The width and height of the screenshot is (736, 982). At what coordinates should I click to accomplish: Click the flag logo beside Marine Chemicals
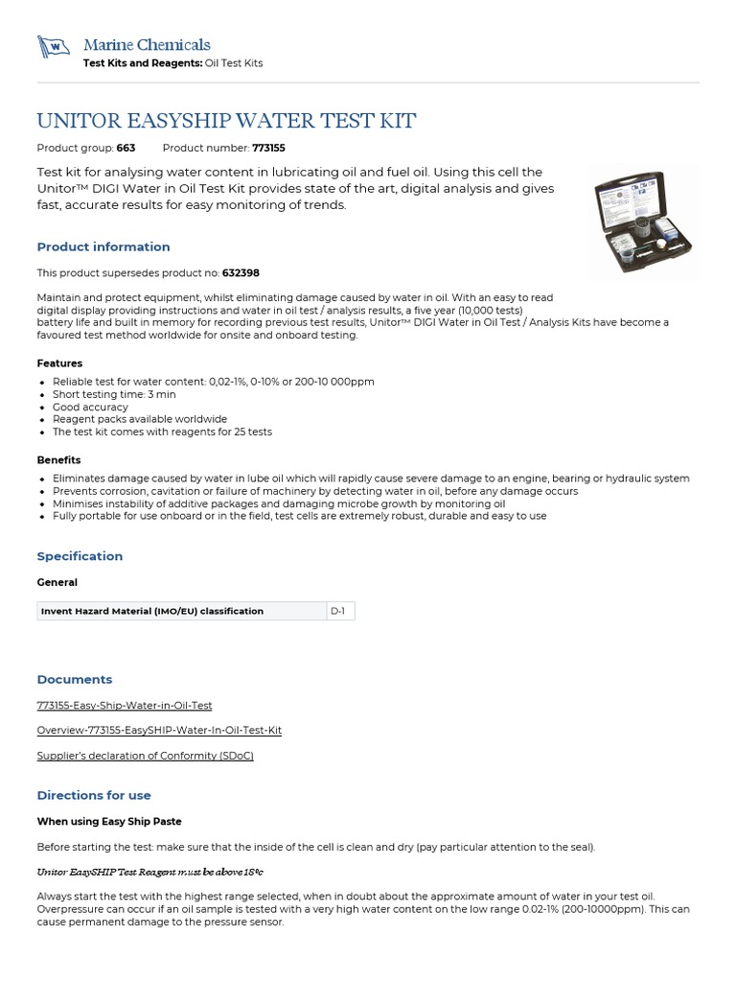[53, 46]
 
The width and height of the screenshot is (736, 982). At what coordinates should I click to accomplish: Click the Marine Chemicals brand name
[147, 45]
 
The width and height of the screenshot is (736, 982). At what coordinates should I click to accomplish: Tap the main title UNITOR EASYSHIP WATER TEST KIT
[226, 121]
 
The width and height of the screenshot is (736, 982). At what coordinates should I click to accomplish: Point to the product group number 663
[126, 149]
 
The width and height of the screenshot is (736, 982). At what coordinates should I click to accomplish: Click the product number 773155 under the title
[268, 149]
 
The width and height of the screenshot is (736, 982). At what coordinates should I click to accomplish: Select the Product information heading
[103, 246]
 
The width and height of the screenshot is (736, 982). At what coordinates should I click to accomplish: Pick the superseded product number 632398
[242, 273]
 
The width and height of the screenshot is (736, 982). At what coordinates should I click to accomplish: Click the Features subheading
[59, 363]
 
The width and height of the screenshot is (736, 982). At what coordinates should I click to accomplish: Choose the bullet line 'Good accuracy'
[90, 407]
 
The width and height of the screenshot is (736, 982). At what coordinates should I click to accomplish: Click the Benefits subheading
[58, 460]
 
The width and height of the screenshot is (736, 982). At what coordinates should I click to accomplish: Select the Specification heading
[80, 556]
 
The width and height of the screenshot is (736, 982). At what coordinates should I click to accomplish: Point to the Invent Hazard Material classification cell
[152, 611]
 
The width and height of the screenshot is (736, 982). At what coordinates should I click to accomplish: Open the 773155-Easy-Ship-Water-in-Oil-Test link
[125, 706]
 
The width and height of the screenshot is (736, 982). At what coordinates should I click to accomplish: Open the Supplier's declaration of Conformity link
[145, 756]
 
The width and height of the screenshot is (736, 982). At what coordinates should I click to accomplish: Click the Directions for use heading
[94, 795]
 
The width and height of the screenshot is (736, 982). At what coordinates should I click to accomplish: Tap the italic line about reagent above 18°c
[149, 872]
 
